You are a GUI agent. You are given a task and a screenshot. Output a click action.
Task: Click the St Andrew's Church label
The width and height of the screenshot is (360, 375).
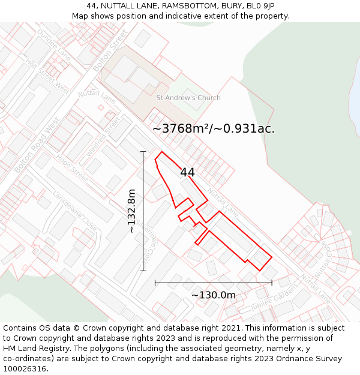188,98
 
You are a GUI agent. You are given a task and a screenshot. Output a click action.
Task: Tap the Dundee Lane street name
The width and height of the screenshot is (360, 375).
53,44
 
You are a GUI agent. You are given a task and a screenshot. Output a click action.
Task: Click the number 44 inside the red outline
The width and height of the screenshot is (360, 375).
187,172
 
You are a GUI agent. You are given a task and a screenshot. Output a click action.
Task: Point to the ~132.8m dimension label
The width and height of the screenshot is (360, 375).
131,211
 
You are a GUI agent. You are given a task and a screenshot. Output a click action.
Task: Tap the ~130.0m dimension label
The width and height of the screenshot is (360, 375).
214,295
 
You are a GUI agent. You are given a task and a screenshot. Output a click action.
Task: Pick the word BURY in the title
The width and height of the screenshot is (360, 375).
232,6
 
